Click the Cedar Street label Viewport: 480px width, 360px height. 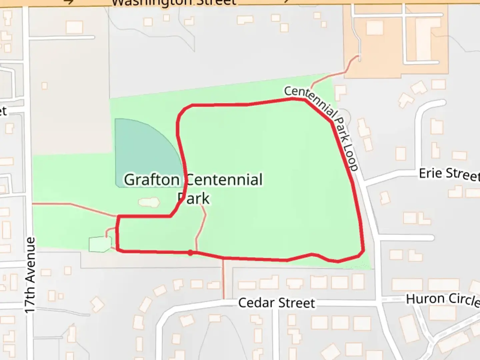point(276,303)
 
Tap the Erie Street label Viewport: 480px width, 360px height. point(448,174)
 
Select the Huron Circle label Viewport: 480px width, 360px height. point(443,299)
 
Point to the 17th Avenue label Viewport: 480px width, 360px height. point(30,275)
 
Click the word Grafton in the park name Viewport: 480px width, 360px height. point(152,180)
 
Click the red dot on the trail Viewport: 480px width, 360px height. point(190,253)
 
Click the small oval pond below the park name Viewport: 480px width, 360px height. point(149,202)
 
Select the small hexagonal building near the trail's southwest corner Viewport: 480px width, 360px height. point(100,244)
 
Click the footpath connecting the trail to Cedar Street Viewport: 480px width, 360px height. point(223,278)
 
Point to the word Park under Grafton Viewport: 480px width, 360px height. point(194,199)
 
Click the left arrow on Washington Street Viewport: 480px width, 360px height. point(68,2)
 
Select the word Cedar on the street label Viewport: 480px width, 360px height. point(256,303)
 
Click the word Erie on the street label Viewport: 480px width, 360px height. point(430,173)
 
